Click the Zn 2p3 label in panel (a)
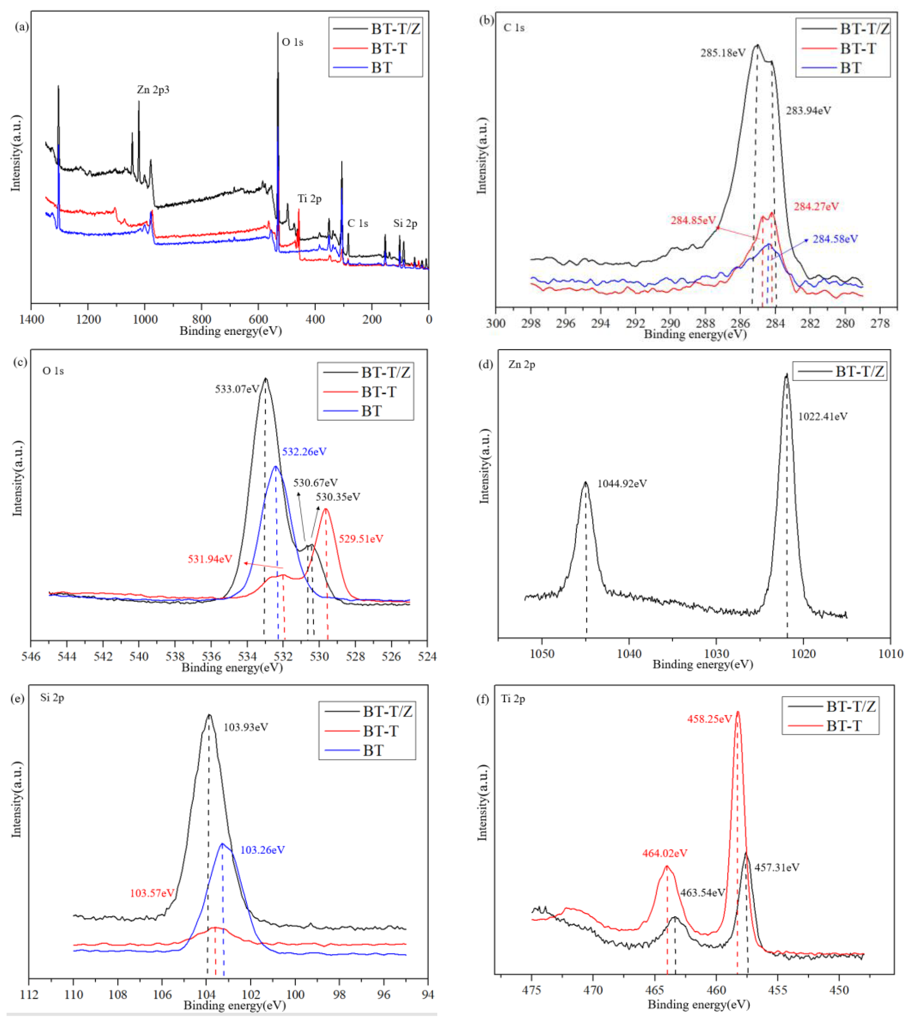pyautogui.click(x=153, y=90)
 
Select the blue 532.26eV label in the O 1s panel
pyautogui.click(x=304, y=452)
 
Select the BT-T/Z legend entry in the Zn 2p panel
pyautogui.click(x=859, y=371)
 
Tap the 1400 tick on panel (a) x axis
pyautogui.click(x=32, y=319)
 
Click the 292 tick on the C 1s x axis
pyautogui.click(x=635, y=323)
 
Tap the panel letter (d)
pyautogui.click(x=486, y=365)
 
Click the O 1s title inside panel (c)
pyautogui.click(x=53, y=371)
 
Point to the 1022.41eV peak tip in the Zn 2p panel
pyautogui.click(x=786, y=375)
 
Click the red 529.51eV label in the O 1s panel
pyautogui.click(x=361, y=539)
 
